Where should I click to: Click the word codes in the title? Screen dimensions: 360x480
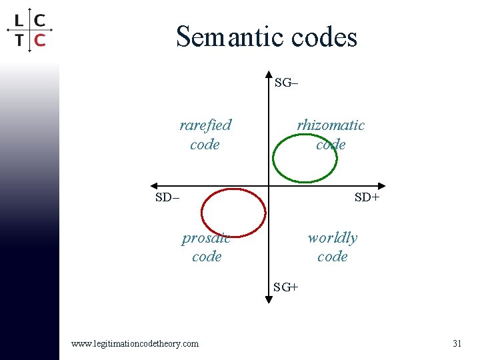coord(325,37)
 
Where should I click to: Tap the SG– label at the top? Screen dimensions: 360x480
coord(287,83)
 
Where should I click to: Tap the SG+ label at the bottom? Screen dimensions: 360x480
coord(286,287)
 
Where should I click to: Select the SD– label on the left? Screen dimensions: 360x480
coord(167,197)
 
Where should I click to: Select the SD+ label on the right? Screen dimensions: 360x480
coord(367,197)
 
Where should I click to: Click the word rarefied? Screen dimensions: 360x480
coord(205,125)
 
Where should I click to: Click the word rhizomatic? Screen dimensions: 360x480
coord(331,125)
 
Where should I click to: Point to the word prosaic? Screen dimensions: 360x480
coord(206,238)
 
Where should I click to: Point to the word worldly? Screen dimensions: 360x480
coord(332,237)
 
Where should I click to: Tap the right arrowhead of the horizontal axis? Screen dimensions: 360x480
coord(382,186)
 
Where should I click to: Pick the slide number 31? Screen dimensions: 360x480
coord(457,343)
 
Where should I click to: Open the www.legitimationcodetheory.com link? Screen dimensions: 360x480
coord(135,343)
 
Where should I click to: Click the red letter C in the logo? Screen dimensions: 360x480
coord(40,39)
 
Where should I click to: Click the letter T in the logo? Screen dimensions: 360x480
coord(19,39)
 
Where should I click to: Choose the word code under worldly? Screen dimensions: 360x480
coord(332,256)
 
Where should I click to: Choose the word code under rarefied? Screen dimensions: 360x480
coord(205,144)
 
